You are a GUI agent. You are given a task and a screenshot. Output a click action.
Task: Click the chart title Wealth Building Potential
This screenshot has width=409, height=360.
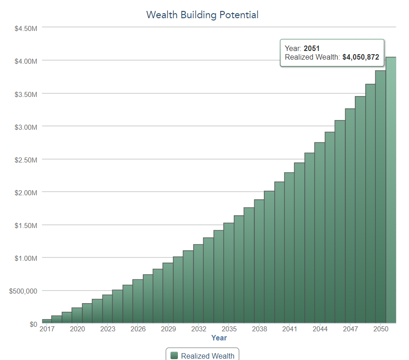coord(202,15)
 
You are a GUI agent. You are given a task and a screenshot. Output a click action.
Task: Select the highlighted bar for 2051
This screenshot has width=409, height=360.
coord(391,190)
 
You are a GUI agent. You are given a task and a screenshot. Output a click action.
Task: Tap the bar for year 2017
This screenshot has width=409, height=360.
coord(47,321)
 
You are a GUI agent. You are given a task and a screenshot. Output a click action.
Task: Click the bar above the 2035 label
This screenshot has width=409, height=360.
coord(229,273)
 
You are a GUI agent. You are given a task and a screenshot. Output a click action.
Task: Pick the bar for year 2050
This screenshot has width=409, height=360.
coord(381,197)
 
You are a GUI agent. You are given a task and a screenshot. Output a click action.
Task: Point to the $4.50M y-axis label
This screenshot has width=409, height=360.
coord(26,28)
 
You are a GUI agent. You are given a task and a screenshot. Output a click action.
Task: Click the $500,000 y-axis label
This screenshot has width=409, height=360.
coord(23,291)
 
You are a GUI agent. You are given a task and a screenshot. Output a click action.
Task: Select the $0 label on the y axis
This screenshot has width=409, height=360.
coord(33,324)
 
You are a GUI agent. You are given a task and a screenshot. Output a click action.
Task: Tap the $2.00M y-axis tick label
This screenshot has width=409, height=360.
coord(26,193)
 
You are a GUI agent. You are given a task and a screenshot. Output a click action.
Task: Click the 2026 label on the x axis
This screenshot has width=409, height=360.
coord(138,329)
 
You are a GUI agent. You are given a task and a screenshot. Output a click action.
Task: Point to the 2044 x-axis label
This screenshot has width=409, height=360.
coord(320,329)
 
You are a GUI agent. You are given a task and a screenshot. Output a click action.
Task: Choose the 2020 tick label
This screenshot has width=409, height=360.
coord(77,329)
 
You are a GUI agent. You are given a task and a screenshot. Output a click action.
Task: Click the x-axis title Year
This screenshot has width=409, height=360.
coord(219,338)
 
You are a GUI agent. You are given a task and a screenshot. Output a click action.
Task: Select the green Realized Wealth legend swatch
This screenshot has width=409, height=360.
coord(174,355)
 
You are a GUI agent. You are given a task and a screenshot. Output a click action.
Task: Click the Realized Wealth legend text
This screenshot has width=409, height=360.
coord(207,356)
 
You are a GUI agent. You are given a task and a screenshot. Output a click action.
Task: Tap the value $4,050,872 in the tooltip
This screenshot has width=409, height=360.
coord(361,57)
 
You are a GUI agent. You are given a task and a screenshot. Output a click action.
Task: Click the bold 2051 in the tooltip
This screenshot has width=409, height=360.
coord(312,48)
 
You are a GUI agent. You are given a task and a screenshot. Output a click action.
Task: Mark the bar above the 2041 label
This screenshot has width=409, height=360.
coord(289,248)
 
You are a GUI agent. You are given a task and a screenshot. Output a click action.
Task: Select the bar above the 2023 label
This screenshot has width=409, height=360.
coord(107,309)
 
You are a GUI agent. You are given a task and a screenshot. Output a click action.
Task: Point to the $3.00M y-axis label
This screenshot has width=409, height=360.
coord(26,127)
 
